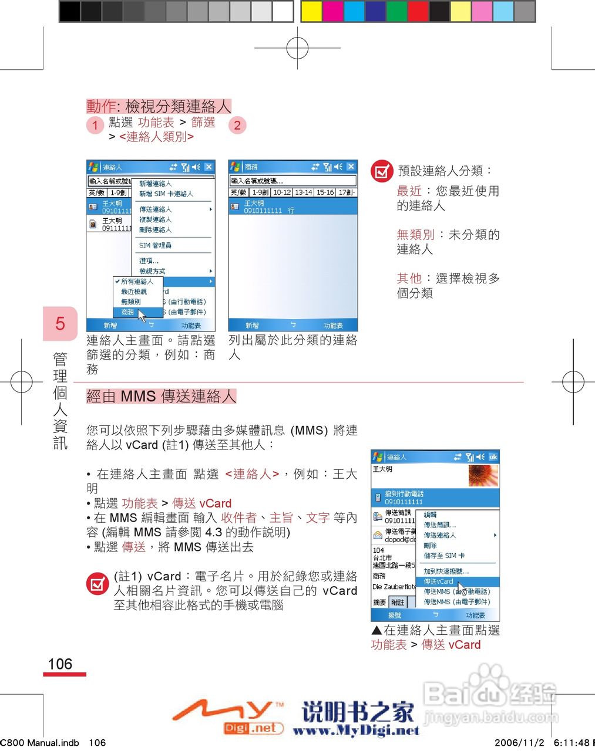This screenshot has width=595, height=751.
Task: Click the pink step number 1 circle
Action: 95,125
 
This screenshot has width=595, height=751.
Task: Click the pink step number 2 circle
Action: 237,125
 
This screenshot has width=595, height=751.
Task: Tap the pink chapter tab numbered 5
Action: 60,323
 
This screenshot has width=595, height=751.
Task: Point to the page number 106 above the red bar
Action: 60,664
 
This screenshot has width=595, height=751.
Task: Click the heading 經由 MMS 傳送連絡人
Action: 161,397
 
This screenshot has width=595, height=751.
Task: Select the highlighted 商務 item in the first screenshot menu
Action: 128,312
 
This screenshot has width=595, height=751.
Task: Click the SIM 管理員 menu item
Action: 155,245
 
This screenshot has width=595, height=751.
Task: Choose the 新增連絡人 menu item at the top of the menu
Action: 155,184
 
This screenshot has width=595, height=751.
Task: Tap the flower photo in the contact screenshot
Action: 483,475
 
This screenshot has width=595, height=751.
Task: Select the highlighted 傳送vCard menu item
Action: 438,581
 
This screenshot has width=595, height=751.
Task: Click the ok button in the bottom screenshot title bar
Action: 493,457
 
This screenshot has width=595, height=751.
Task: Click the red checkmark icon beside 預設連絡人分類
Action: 382,171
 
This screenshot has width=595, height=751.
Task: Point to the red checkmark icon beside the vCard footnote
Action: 97,584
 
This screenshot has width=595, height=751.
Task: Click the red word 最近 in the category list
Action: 409,191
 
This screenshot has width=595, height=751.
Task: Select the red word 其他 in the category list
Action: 409,279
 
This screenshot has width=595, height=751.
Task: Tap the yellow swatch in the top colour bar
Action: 311,11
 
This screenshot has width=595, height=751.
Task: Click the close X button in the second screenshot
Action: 351,167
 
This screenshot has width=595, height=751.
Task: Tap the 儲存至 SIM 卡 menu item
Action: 444,556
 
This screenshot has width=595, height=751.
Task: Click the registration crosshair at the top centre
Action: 298,48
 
